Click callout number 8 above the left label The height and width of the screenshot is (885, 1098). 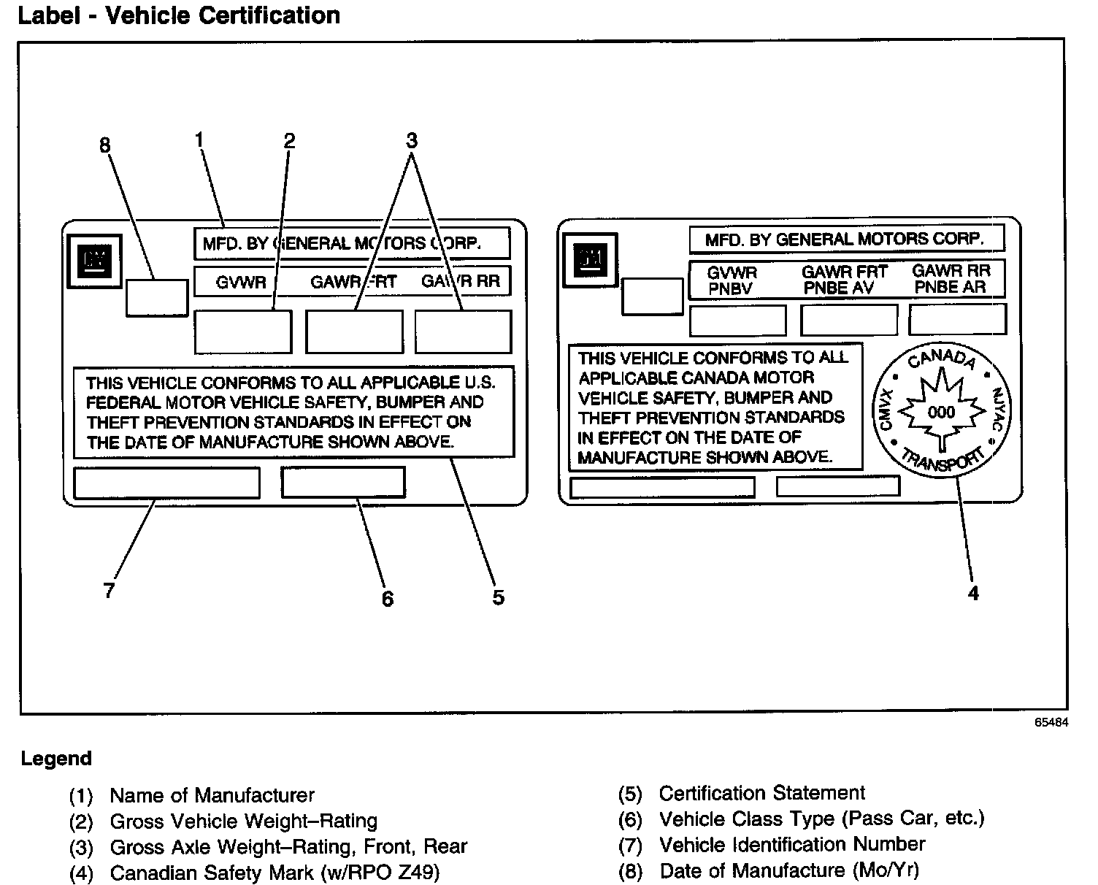pyautogui.click(x=105, y=145)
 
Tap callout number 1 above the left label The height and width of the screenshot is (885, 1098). pyautogui.click(x=199, y=138)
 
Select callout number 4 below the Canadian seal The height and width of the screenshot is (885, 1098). pyautogui.click(x=972, y=593)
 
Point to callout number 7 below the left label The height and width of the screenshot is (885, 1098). pyautogui.click(x=109, y=590)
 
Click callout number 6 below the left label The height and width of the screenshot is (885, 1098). pyautogui.click(x=387, y=599)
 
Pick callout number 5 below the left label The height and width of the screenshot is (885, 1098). pyautogui.click(x=498, y=597)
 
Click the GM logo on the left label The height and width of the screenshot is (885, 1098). pyautogui.click(x=95, y=259)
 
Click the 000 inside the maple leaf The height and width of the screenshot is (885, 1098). pyautogui.click(x=941, y=413)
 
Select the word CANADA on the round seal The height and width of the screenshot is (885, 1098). pyautogui.click(x=941, y=360)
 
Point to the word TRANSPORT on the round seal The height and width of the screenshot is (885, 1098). pyautogui.click(x=942, y=461)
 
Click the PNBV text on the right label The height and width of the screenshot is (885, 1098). pyautogui.click(x=730, y=289)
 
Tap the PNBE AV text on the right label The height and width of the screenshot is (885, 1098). pyautogui.click(x=839, y=288)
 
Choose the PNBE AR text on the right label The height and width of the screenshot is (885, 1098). pyautogui.click(x=950, y=287)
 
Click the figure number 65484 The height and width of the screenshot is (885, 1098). pyautogui.click(x=1051, y=722)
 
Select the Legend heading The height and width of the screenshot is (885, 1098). pyautogui.click(x=56, y=759)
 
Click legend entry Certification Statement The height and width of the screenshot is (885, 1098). pyautogui.click(x=761, y=793)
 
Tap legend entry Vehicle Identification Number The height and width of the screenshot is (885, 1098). pyautogui.click(x=791, y=845)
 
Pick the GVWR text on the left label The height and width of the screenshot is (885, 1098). pyautogui.click(x=241, y=283)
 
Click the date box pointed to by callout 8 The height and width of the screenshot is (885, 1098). pyautogui.click(x=156, y=297)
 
